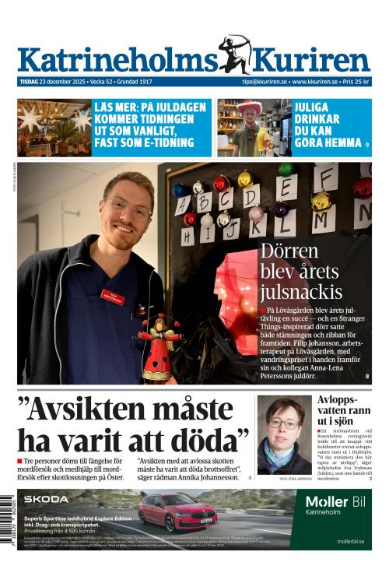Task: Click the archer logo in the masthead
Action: (235, 54)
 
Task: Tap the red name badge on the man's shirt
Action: (112, 297)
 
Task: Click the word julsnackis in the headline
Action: (301, 293)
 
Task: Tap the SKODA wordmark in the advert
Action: (46, 499)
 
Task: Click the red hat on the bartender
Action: (250, 107)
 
